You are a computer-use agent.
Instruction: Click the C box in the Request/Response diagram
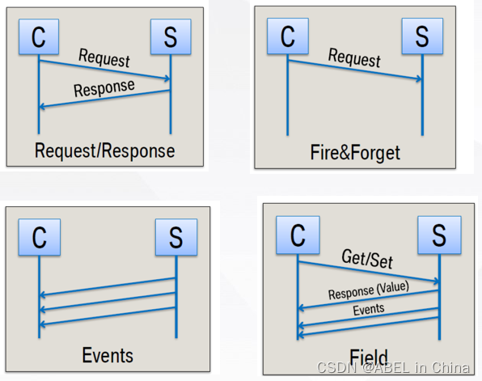39,37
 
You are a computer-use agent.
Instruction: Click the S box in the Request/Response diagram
171,37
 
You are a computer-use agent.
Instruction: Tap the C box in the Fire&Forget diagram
288,36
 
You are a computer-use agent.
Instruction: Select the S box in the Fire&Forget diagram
422,36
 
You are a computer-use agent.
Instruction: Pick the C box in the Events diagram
40,237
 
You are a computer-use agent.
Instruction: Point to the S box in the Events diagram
176,237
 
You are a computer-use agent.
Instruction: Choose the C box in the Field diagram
298,235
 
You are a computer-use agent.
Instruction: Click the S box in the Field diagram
439,235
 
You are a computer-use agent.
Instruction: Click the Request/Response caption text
105,151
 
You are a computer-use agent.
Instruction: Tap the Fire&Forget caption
355,153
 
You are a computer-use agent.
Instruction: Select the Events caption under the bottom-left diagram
108,355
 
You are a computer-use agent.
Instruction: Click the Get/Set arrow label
367,259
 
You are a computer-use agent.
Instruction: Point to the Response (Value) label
369,290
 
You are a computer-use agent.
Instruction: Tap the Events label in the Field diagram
369,310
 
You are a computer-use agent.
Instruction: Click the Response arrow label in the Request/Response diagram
104,88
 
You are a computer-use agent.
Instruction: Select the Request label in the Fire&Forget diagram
354,57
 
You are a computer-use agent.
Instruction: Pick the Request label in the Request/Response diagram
104,57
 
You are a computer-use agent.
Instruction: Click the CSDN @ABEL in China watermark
393,367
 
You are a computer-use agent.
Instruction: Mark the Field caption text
369,358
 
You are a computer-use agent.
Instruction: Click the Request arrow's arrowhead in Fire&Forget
419,79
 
